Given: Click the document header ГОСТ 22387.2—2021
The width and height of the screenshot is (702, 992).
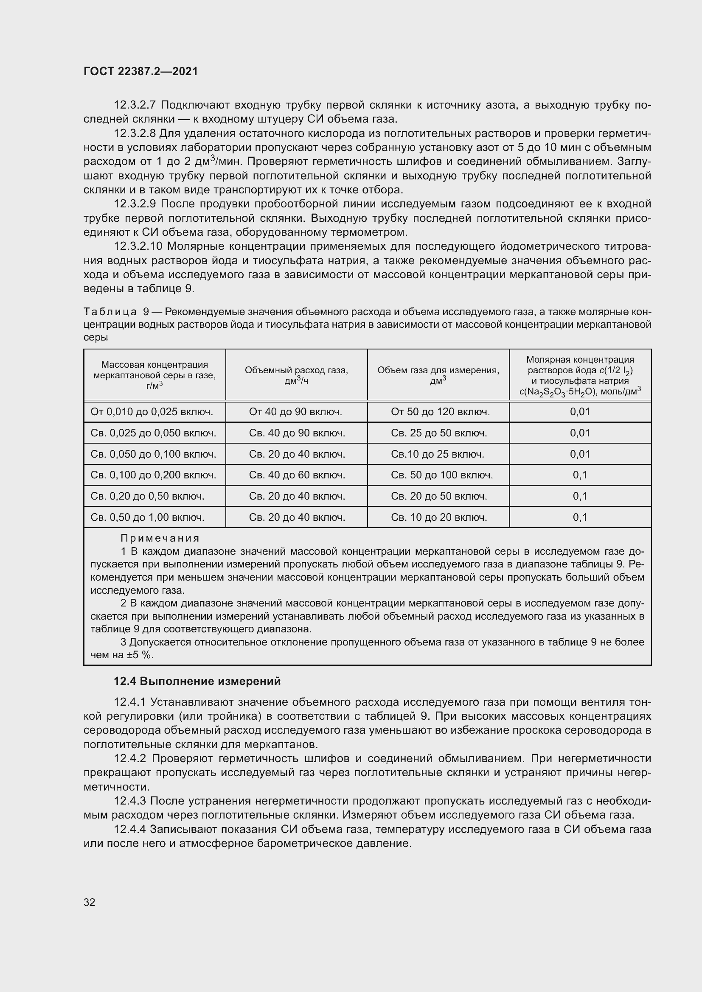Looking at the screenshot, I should pos(140,71).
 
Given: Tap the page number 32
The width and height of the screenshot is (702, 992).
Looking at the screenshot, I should pos(90,902).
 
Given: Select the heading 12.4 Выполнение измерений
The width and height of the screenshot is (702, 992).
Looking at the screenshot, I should pos(197,682).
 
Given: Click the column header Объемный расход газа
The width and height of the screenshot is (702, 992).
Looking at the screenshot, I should pos(296,375).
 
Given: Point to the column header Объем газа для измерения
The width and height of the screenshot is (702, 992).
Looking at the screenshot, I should pos(438,375).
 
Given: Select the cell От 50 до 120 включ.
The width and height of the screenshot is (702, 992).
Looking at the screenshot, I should pos(440,412).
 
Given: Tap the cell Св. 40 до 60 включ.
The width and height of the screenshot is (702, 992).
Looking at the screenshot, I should pos(297,475).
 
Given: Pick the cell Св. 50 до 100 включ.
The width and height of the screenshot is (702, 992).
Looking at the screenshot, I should pos(442,475).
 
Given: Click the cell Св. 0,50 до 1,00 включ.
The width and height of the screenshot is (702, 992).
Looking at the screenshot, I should pos(147,517).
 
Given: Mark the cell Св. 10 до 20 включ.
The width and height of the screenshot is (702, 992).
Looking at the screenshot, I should pos(439,517).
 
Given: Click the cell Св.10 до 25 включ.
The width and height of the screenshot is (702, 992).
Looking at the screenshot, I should pos(437,454).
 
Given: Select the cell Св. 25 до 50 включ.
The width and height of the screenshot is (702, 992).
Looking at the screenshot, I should pos(439,433).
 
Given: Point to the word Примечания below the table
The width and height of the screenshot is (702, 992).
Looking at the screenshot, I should pos(160,538).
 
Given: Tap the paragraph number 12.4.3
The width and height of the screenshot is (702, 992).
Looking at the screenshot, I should pos(130,802).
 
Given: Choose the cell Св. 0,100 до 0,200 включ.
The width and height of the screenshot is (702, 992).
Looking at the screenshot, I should pos(153,475).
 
